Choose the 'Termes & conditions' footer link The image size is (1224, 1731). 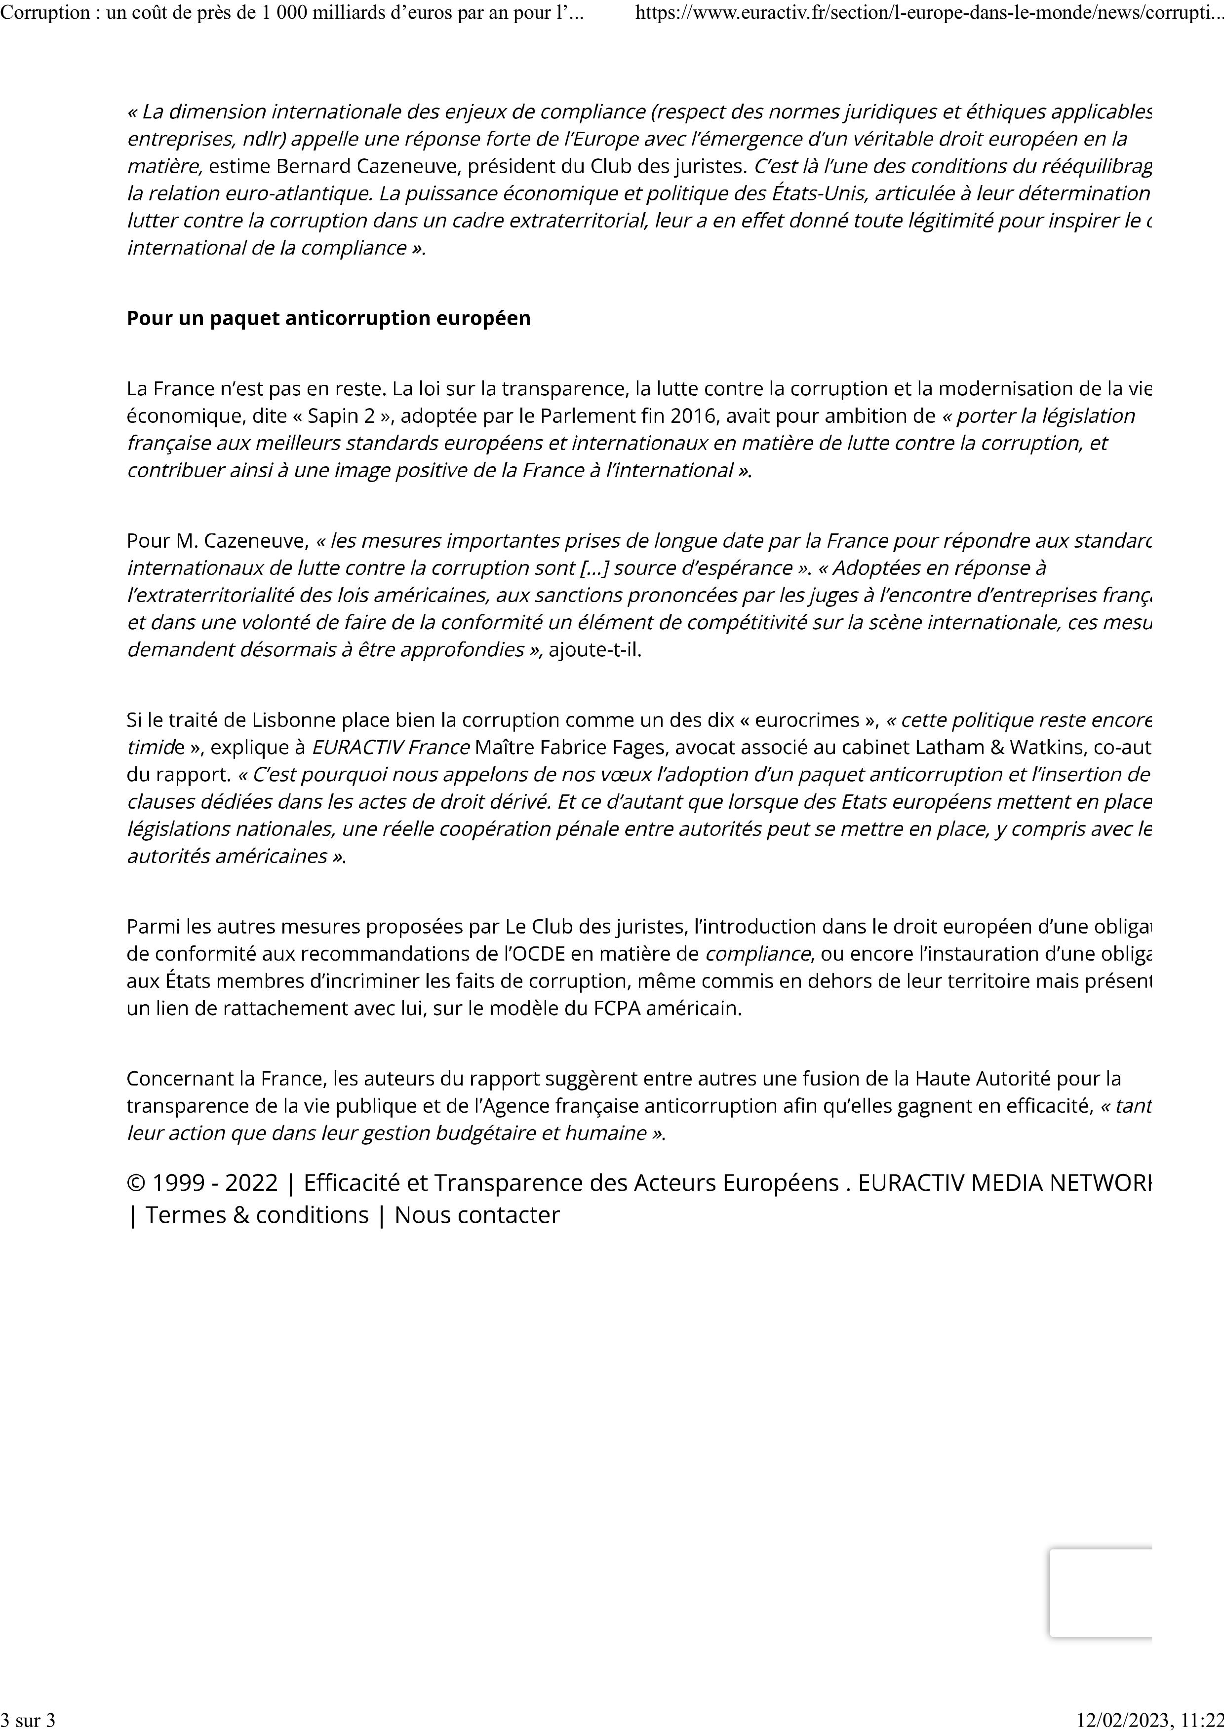256,1214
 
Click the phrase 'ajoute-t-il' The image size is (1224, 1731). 594,649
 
